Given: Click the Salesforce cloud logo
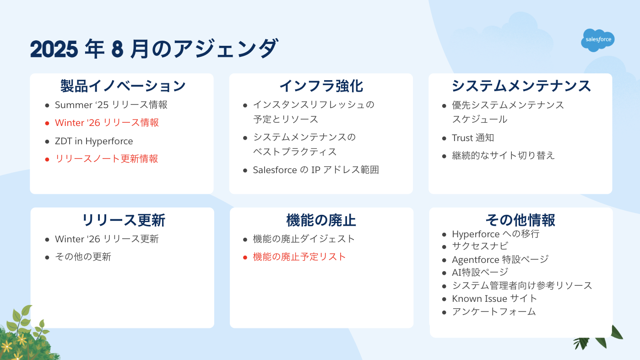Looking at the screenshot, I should [598, 40].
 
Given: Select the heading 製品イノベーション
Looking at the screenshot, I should [123, 86].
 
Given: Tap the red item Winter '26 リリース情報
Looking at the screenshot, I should [107, 123].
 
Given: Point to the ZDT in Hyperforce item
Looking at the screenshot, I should [94, 141].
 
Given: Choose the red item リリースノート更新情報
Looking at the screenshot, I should [106, 159].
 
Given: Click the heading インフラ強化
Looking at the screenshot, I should [321, 86].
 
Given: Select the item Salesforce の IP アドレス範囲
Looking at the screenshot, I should [316, 170].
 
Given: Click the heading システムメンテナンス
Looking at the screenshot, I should [521, 86].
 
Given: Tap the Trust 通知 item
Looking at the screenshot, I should [473, 138].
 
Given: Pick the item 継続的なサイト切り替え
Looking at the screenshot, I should [503, 155].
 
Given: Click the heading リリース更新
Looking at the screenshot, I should [123, 220].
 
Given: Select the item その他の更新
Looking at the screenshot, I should [83, 257].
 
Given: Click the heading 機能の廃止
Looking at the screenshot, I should [321, 220].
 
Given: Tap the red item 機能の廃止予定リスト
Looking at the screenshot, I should [299, 257].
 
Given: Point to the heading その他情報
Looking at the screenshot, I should [520, 220].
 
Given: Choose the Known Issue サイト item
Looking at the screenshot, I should [494, 299].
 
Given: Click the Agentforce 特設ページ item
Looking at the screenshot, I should [500, 259].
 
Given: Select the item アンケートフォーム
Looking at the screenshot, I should [494, 312].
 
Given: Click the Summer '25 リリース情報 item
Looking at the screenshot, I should [111, 105].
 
